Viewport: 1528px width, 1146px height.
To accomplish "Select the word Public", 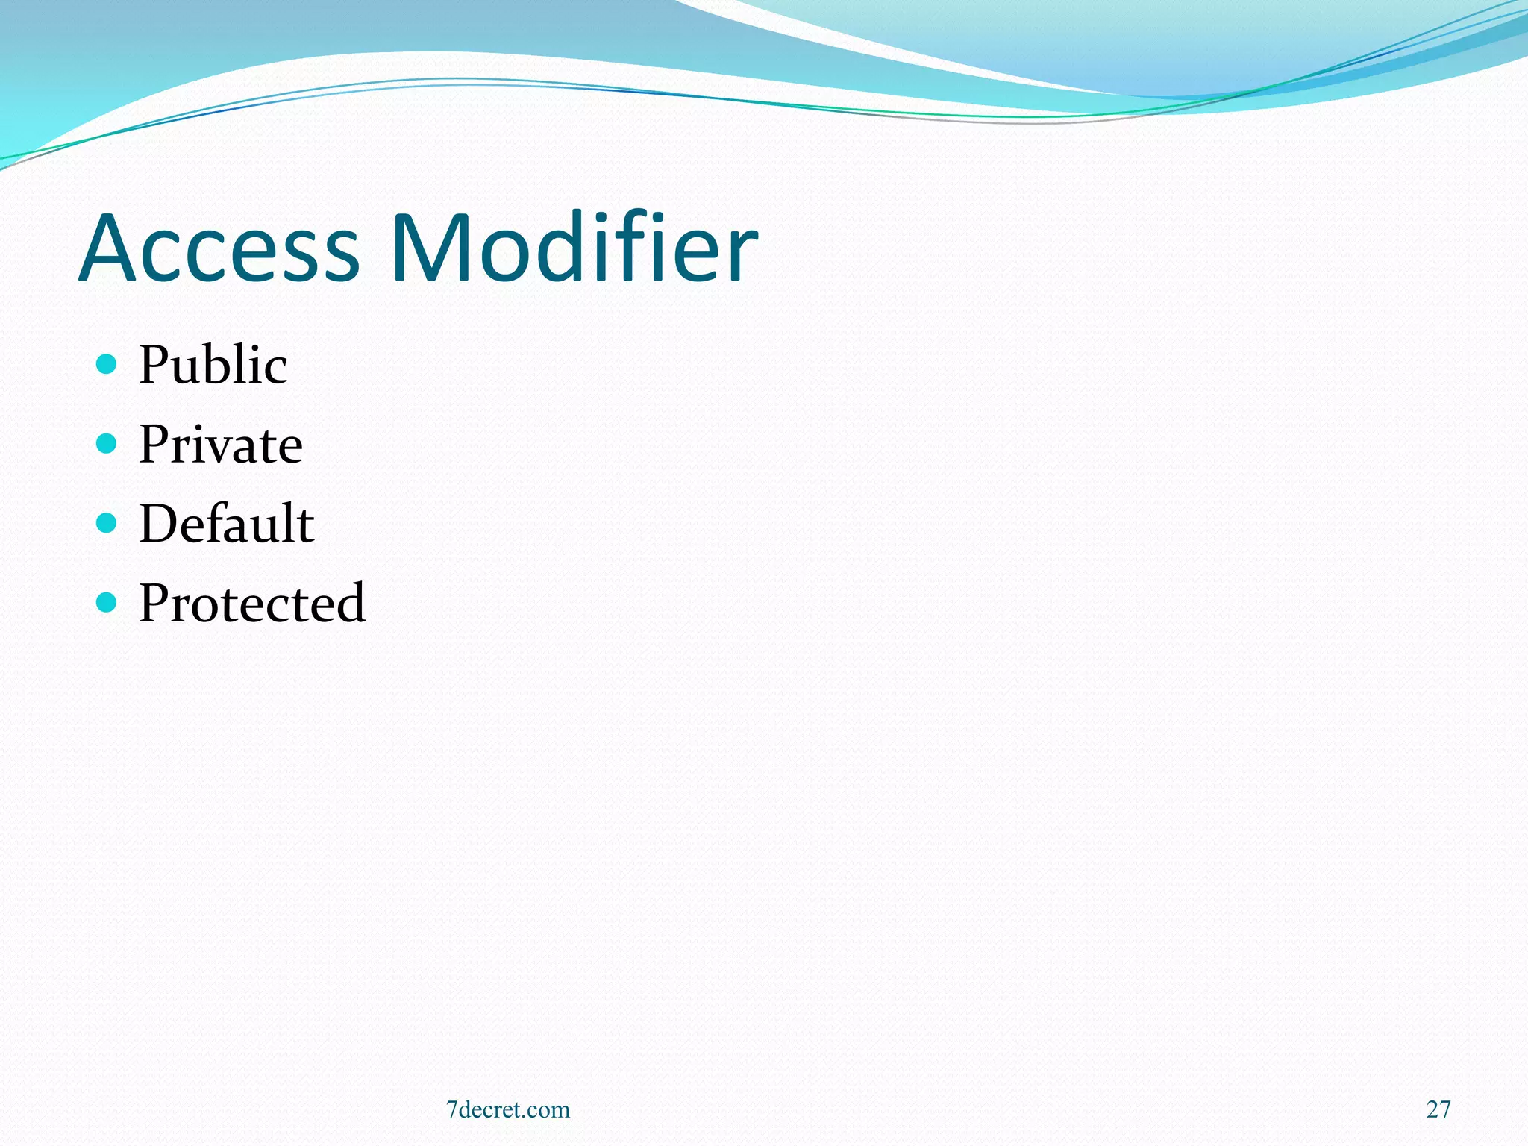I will pyautogui.click(x=213, y=365).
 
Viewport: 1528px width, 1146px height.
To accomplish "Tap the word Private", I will pyautogui.click(x=221, y=445).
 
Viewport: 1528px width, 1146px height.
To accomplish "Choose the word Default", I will pyautogui.click(x=227, y=524).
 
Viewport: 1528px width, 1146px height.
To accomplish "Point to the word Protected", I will pyautogui.click(x=252, y=603).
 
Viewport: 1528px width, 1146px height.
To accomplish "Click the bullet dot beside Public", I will pyautogui.click(x=107, y=364).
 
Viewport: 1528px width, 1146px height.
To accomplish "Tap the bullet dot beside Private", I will pyautogui.click(x=107, y=444).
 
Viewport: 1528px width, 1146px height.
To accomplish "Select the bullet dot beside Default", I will pyautogui.click(x=107, y=523).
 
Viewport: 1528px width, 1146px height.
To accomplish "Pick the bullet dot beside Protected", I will pyautogui.click(x=107, y=602).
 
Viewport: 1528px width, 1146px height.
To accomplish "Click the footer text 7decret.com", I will pyautogui.click(x=508, y=1109).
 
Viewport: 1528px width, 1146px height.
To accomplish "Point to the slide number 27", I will pyautogui.click(x=1438, y=1109).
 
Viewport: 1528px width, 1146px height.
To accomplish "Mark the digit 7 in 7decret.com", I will pyautogui.click(x=451, y=1109).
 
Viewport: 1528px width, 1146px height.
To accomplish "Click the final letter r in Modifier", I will pyautogui.click(x=742, y=257).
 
